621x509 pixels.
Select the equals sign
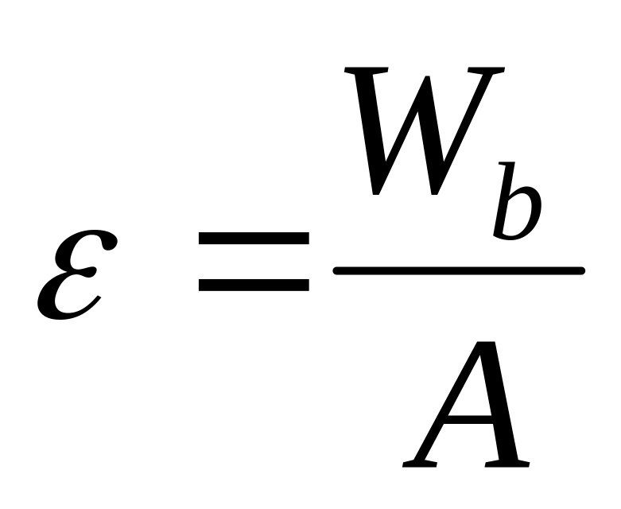click(x=253, y=261)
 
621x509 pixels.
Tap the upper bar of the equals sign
click(x=253, y=238)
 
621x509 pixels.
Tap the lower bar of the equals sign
click(x=253, y=284)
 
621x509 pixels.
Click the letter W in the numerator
click(x=421, y=131)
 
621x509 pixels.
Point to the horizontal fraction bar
click(x=459, y=271)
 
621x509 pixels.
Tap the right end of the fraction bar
click(x=582, y=271)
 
